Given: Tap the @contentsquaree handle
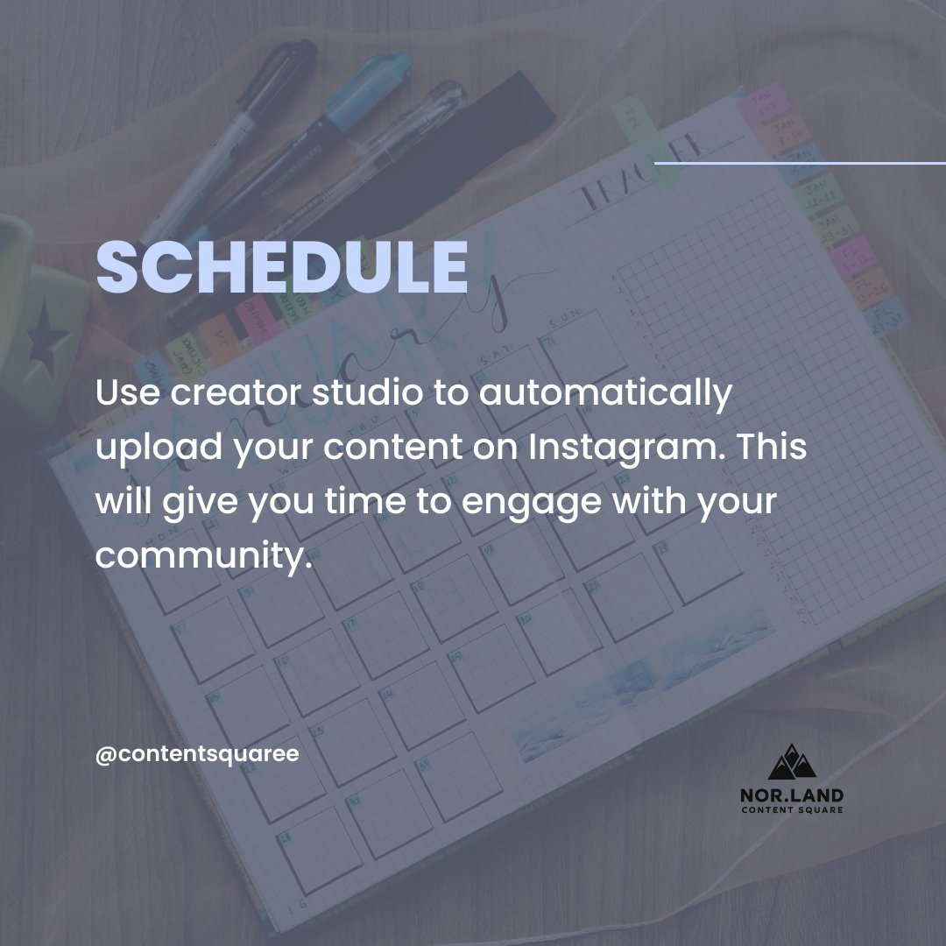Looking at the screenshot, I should coord(197,753).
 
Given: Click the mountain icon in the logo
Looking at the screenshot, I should coord(792,762).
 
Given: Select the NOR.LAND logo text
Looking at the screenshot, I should coord(792,794).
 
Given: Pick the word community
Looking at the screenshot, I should coord(203,554).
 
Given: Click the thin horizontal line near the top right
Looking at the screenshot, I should coord(800,163).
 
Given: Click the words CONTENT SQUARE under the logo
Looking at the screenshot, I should coord(792,810).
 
